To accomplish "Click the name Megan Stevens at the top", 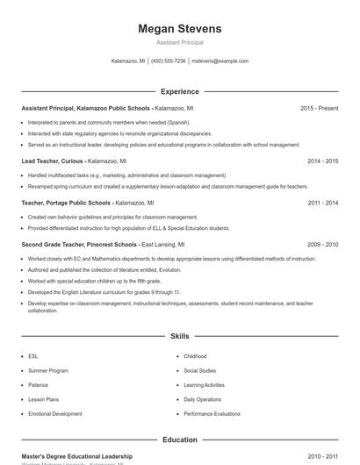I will coord(179,29).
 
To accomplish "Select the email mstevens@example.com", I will coord(220,61).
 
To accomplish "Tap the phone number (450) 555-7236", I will coord(169,61).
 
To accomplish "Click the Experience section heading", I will coord(179,91).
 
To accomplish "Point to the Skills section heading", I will coord(179,336).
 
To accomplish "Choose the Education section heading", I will coord(179,440).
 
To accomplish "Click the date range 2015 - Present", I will coord(319,108).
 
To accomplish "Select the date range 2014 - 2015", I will coord(323,161).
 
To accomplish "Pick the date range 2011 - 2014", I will coord(323,203).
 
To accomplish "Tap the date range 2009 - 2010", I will coord(323,245).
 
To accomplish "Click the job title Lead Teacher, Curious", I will coord(51,161).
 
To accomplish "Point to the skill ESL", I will coord(33,357).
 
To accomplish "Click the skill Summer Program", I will coord(47,371).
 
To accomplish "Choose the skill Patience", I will coord(39,385).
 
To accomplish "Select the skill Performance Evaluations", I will coord(212,413).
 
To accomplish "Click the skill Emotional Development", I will coord(55,413).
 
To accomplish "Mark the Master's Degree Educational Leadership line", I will coord(77,456).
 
